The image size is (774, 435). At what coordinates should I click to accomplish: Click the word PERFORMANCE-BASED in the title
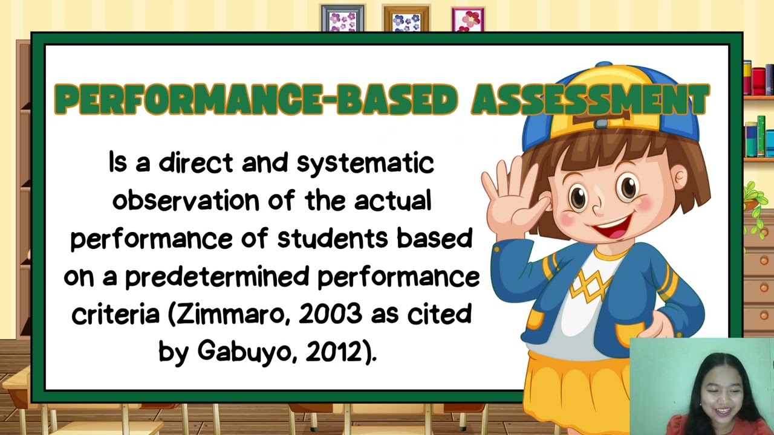pos(256,100)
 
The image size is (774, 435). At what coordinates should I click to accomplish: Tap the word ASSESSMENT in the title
pos(590,100)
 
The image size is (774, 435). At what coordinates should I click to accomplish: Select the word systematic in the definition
pos(365,164)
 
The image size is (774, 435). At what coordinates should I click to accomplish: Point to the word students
pos(332,238)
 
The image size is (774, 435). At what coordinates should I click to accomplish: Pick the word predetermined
pos(217,277)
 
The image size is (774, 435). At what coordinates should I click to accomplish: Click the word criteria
pos(115,314)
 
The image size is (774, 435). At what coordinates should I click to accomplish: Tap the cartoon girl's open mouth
pos(613,228)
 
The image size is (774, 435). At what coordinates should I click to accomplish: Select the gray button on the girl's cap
pos(600,124)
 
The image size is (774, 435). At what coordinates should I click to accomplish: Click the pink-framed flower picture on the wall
pos(468,20)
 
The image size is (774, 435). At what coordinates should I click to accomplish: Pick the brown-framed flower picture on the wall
pos(406,20)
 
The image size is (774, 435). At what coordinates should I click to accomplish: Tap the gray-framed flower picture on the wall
pos(342,19)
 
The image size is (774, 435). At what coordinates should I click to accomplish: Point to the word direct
pos(195,164)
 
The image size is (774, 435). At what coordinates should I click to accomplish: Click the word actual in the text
pos(392,201)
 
